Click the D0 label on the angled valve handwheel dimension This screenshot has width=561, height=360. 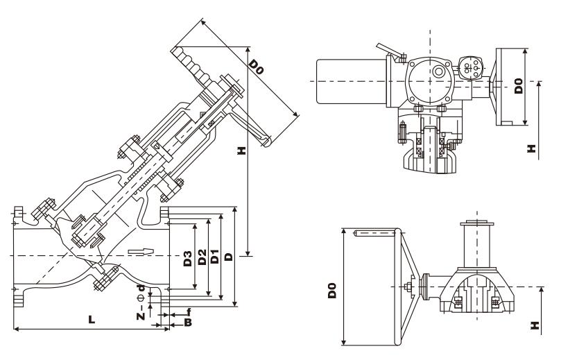[257, 67]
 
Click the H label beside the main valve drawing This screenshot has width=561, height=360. [241, 151]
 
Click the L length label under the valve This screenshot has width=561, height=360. [92, 320]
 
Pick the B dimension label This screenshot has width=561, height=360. [187, 323]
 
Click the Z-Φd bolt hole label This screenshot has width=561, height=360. [141, 305]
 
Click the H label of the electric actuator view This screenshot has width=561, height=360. [531, 148]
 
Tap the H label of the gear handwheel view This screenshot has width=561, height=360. [533, 324]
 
